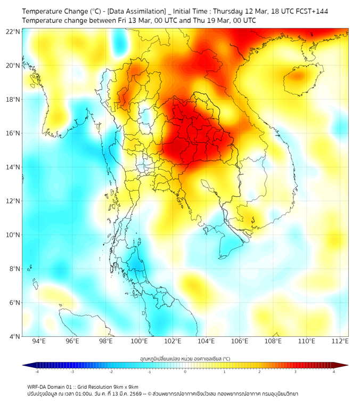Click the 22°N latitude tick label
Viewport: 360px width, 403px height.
point(13,31)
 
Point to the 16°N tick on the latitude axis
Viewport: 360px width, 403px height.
point(13,133)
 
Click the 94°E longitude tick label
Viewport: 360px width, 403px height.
point(39,341)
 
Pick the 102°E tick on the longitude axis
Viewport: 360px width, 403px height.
point(173,341)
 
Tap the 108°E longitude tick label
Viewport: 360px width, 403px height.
point(273,341)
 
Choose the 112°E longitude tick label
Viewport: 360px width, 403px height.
point(340,341)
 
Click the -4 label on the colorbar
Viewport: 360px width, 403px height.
point(37,372)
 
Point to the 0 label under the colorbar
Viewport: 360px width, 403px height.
point(185,372)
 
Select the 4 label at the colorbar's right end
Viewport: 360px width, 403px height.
point(333,372)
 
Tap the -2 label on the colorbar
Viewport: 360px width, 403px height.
point(111,372)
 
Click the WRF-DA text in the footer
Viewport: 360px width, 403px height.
point(38,386)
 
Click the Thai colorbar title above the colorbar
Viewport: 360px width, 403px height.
point(185,358)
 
